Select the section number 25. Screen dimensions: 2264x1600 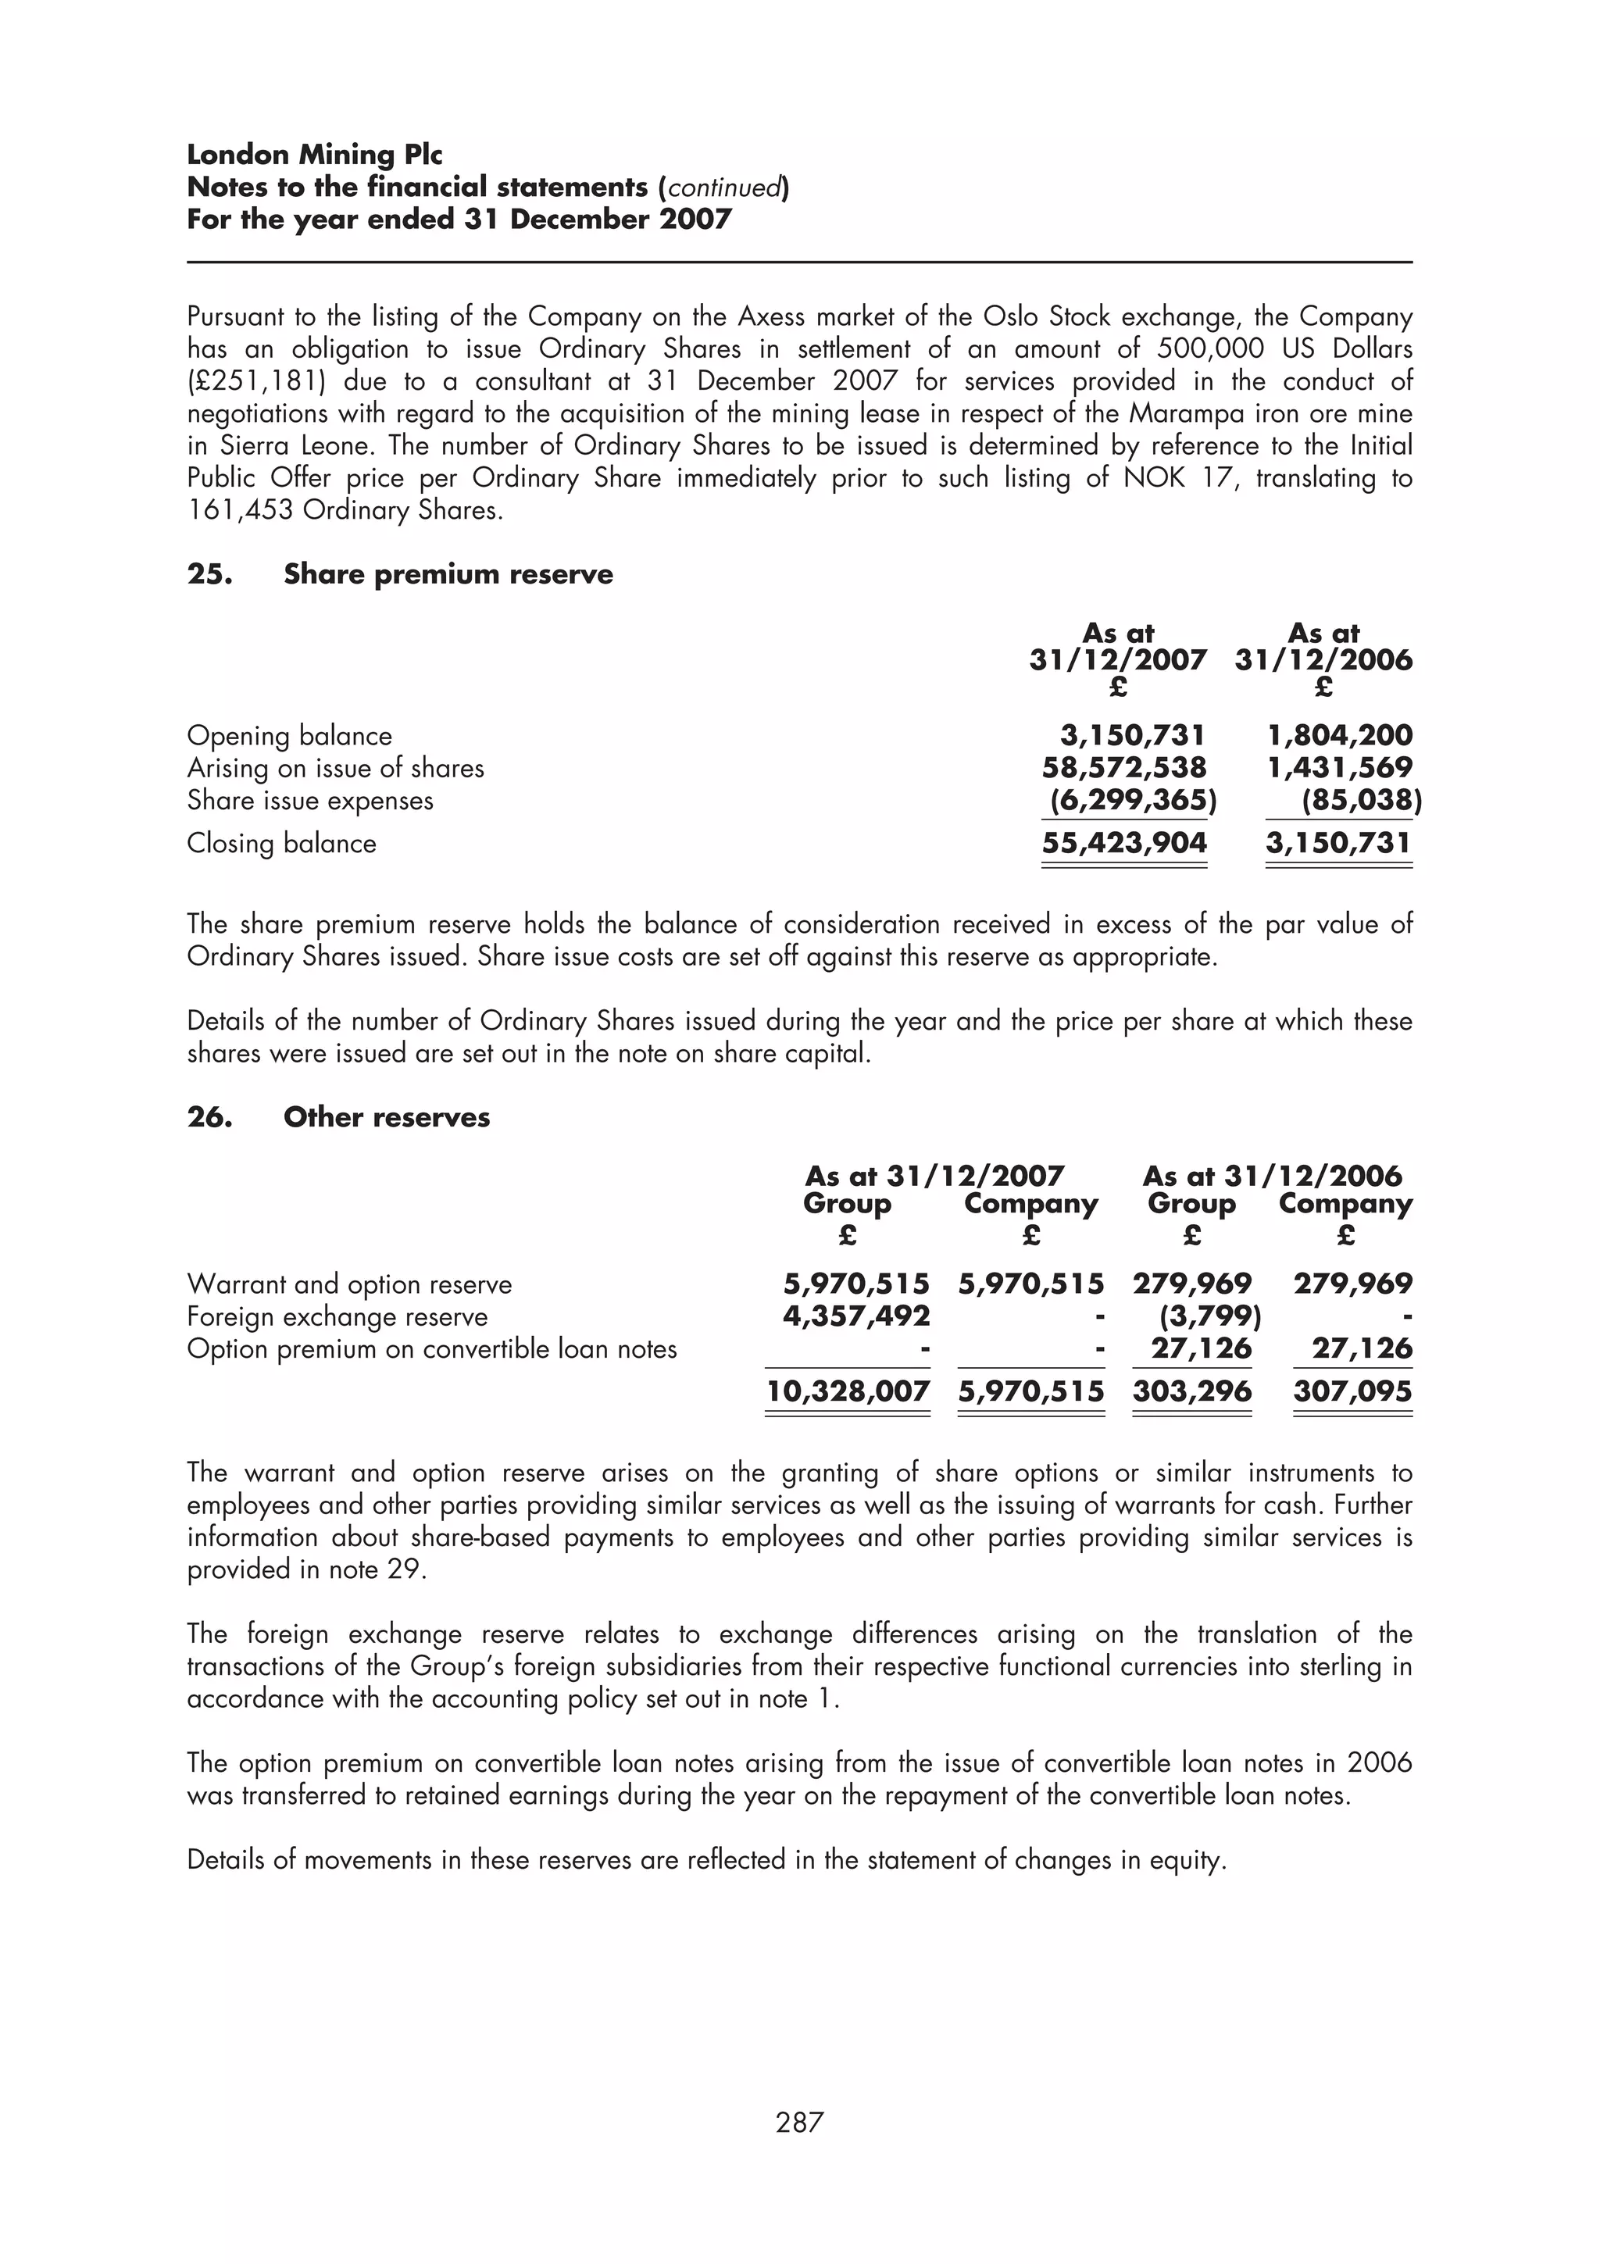point(209,575)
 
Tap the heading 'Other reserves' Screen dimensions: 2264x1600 point(387,1117)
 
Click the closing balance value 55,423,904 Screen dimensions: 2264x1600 point(1124,843)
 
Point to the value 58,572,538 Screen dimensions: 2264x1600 point(1124,767)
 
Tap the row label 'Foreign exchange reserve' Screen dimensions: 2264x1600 point(337,1316)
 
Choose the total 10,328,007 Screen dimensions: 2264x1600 point(848,1391)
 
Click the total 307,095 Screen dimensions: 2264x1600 point(1352,1391)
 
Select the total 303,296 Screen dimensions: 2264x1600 point(1192,1391)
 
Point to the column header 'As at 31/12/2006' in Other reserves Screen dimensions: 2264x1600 point(1272,1176)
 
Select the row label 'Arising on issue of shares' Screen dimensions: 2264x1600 point(335,768)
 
